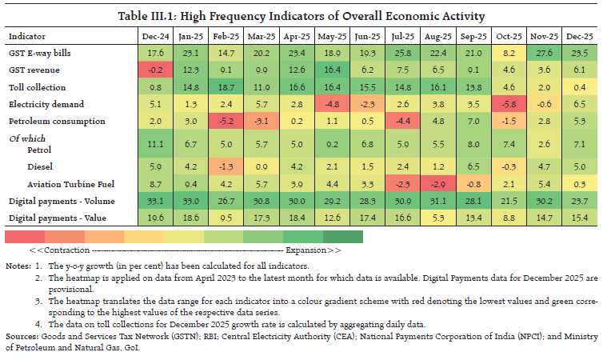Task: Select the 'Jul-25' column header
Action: tap(404, 37)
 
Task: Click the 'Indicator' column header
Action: tap(27, 37)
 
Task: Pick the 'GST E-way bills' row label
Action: tap(40, 52)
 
